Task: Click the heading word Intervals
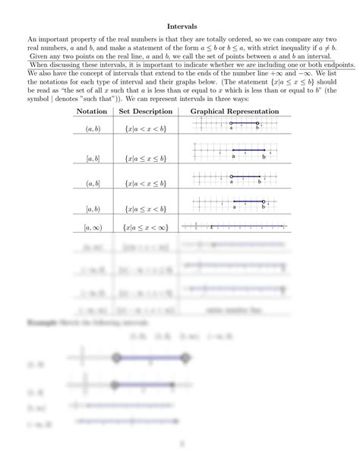click(180, 25)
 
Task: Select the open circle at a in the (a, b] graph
click(232, 177)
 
